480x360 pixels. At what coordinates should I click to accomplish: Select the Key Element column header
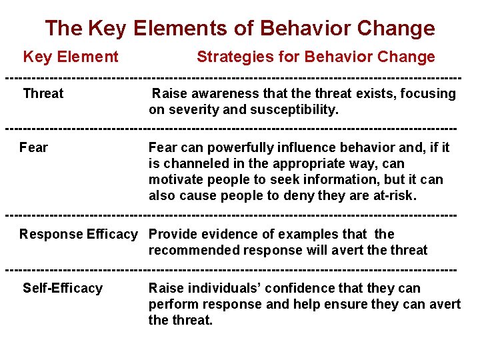click(71, 57)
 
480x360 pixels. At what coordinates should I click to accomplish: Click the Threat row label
click(43, 93)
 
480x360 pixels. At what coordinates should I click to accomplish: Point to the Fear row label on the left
click(33, 147)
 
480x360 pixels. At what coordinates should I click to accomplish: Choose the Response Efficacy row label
click(78, 234)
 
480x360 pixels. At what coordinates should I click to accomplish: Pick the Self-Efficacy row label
click(63, 288)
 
